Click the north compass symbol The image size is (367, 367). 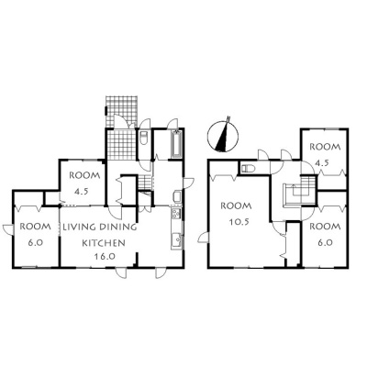223,137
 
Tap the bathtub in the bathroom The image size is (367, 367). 177,144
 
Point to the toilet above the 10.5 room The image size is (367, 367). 247,168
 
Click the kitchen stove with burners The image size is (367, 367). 176,213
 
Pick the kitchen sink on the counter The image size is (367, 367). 176,239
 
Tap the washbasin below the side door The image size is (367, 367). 177,196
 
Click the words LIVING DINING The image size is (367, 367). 100,227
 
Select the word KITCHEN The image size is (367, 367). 104,243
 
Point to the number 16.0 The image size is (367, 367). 104,256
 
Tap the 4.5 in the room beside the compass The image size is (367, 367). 321,162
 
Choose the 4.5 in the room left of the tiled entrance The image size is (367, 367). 82,192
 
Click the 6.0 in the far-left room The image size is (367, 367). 35,243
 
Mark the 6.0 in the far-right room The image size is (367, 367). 325,242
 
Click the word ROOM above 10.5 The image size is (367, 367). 237,206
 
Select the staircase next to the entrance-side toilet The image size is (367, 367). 145,182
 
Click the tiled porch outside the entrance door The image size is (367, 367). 121,111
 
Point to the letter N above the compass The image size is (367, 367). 228,118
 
